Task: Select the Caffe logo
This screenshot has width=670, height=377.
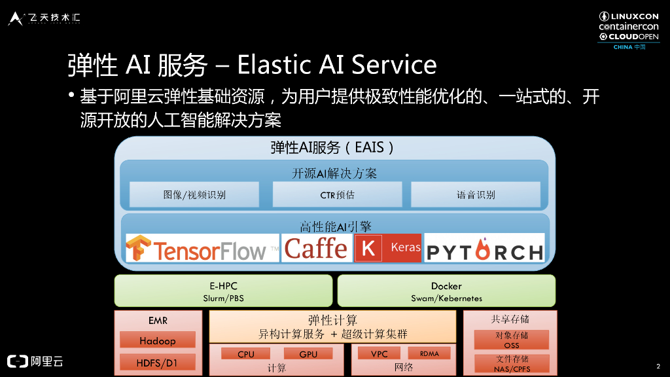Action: tap(316, 249)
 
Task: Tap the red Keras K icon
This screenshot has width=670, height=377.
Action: tap(368, 249)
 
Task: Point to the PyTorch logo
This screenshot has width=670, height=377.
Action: tap(484, 249)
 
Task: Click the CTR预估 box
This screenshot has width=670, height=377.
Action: tap(337, 194)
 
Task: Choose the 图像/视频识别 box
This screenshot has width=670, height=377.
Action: tap(194, 194)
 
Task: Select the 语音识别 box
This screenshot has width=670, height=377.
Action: tap(476, 194)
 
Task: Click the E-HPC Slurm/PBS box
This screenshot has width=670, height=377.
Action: tap(223, 291)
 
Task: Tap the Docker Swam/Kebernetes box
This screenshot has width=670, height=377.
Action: tap(446, 291)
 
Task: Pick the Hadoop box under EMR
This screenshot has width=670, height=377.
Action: tap(157, 340)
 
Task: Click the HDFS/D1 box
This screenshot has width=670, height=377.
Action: tap(157, 362)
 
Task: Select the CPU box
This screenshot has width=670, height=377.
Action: tap(246, 354)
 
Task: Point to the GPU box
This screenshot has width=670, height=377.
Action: tap(308, 354)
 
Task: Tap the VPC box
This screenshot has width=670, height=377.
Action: tap(379, 354)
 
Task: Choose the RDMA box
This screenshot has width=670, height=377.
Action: tap(430, 353)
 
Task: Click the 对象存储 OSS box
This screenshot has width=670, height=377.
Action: tap(511, 340)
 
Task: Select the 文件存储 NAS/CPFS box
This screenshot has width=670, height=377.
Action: tap(511, 363)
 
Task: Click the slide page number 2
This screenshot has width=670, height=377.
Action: tap(658, 365)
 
